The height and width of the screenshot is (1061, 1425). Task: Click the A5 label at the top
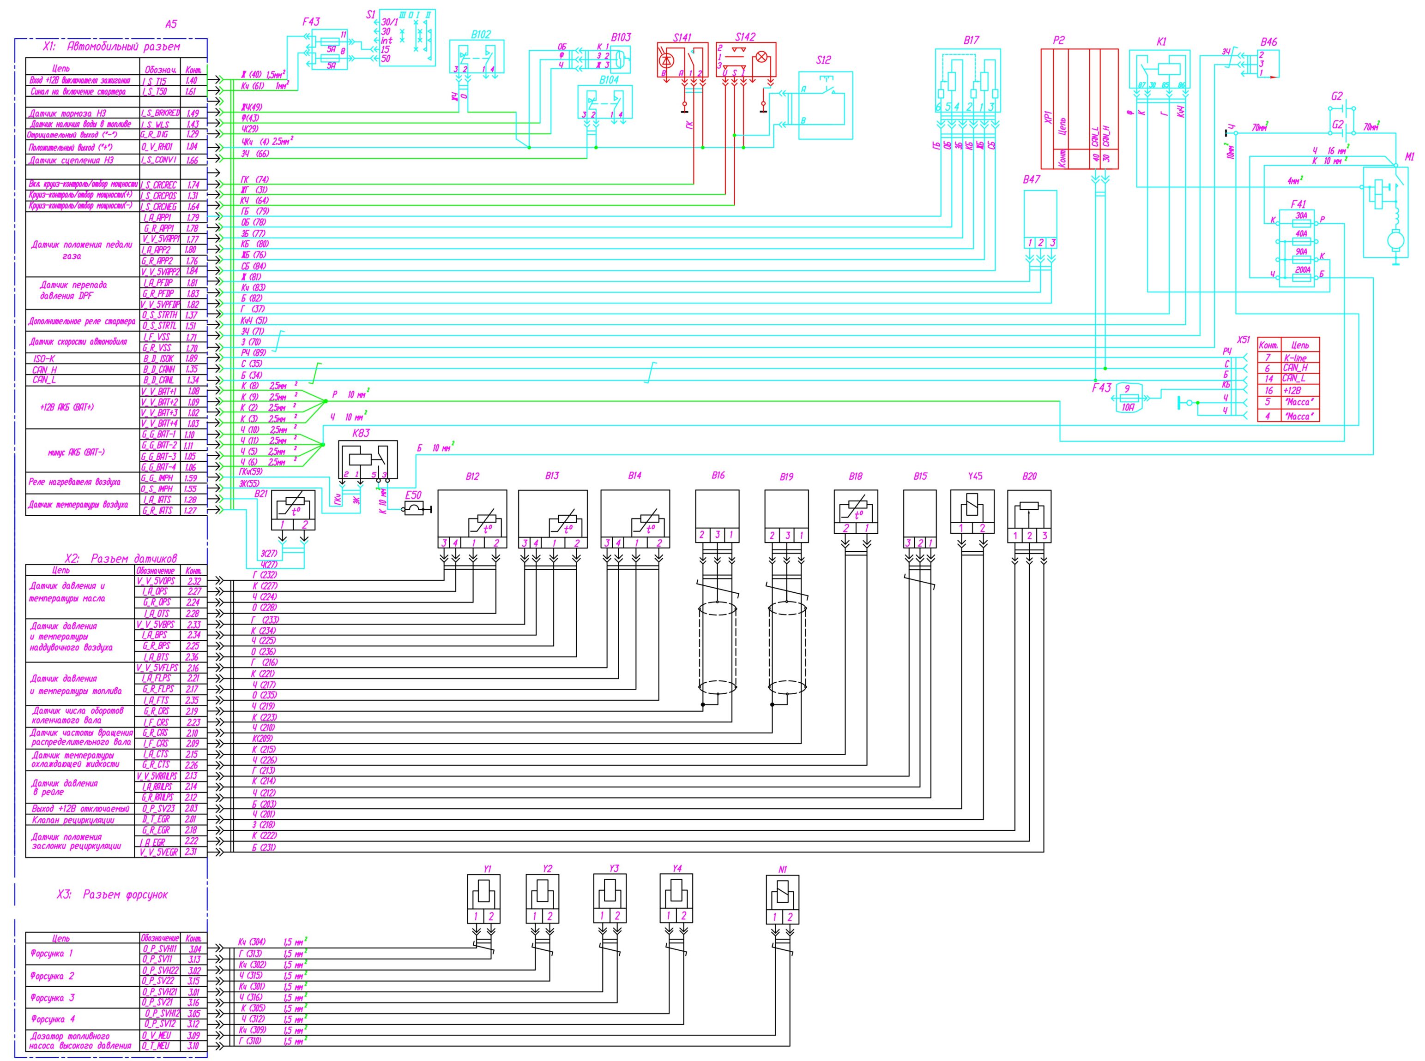tap(170, 24)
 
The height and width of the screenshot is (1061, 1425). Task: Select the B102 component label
tap(480, 35)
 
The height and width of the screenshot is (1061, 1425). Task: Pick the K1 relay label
tap(1161, 42)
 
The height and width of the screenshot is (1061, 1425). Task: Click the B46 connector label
tap(1268, 42)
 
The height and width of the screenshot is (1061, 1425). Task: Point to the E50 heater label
tap(413, 495)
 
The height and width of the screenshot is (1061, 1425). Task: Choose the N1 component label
tap(782, 870)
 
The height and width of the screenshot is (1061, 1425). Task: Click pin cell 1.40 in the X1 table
tap(192, 81)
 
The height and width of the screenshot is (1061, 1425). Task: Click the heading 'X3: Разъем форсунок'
tap(113, 894)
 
